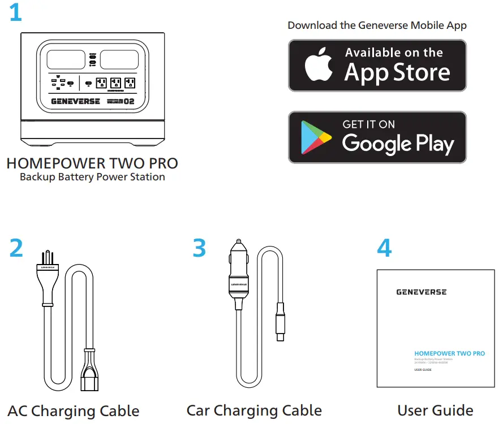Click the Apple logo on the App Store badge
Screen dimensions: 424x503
(x=319, y=64)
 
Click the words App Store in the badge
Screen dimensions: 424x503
(x=397, y=73)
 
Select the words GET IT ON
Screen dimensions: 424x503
(x=369, y=124)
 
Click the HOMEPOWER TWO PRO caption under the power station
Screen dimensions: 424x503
(x=92, y=164)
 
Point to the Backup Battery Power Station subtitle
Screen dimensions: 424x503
(x=92, y=177)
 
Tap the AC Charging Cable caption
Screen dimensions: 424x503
(x=74, y=410)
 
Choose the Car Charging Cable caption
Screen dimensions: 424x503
(x=254, y=410)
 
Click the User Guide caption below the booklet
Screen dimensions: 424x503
(x=435, y=410)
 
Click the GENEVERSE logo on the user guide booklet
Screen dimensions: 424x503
(x=421, y=292)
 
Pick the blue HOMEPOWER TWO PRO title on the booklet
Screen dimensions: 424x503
(x=449, y=353)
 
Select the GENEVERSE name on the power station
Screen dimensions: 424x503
(x=75, y=102)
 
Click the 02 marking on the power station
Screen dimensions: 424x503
(x=129, y=102)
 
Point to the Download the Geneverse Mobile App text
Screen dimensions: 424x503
(x=377, y=25)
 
